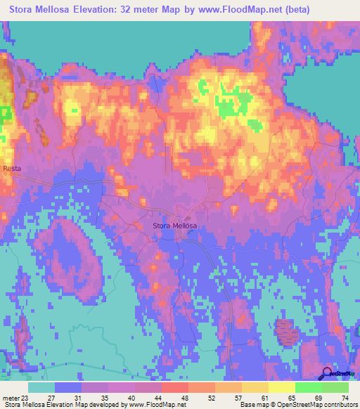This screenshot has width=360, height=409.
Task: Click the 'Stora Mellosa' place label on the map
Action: [175, 226]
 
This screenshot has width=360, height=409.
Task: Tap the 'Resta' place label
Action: [12, 169]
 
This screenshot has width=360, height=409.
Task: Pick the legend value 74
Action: [344, 397]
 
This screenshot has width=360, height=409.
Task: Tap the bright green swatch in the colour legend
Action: [308, 387]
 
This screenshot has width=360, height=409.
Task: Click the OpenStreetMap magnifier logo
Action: [326, 373]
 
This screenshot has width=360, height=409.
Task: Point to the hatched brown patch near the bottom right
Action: [285, 331]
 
